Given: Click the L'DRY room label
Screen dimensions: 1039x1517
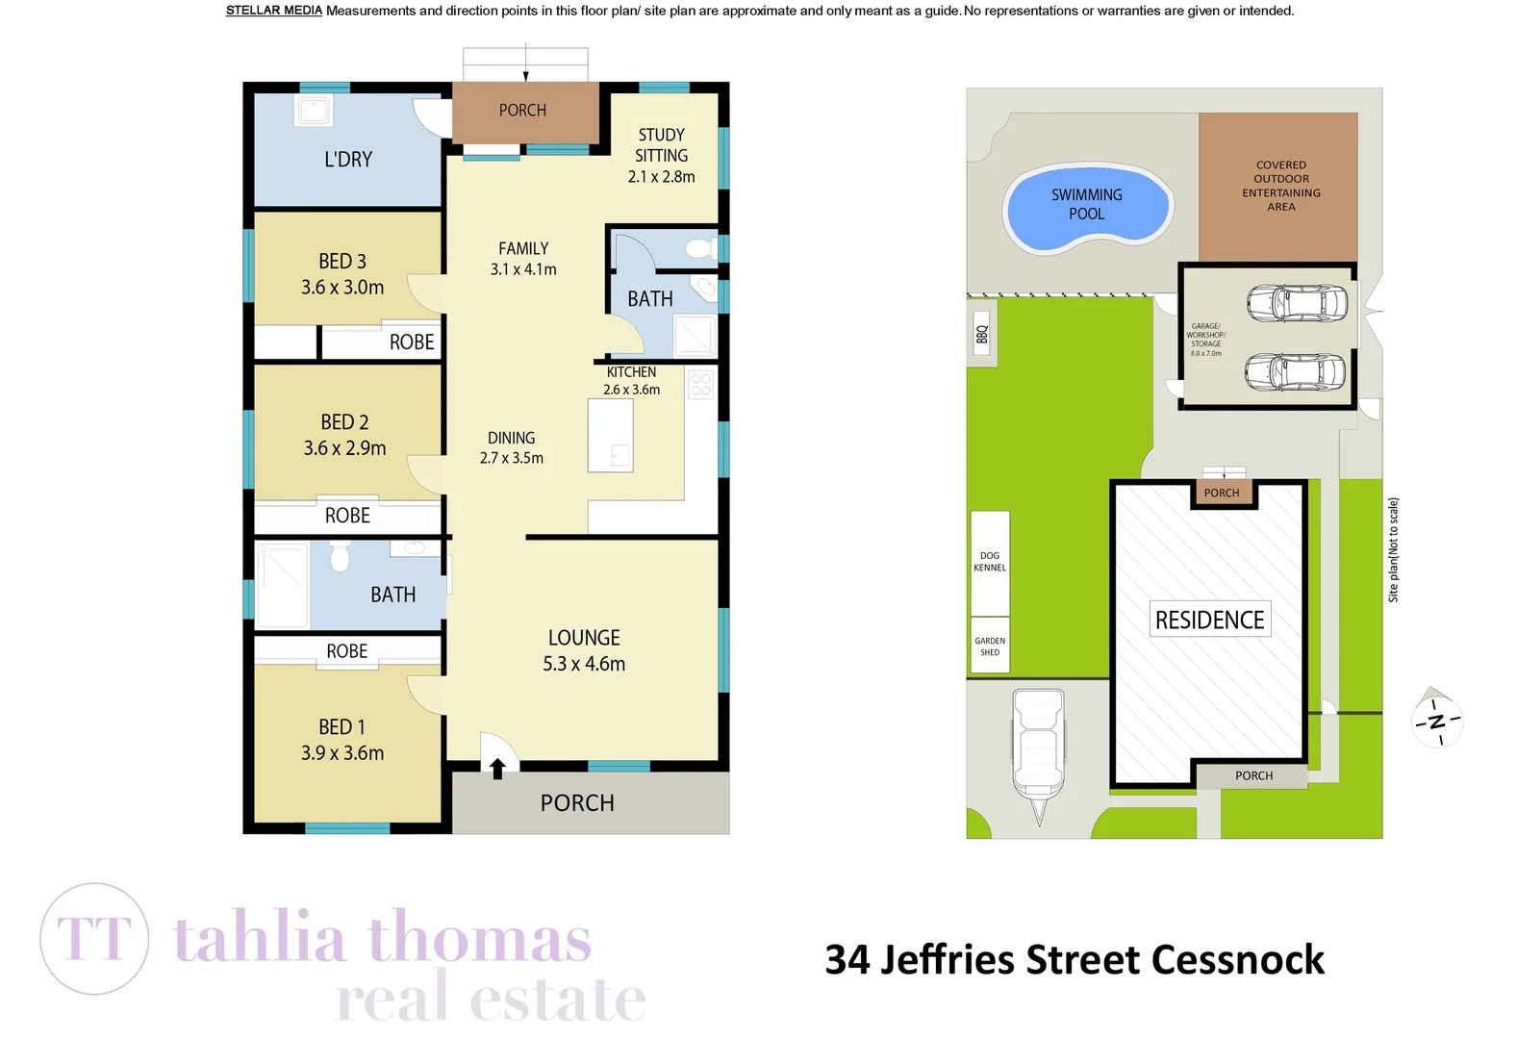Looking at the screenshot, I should pos(347,160).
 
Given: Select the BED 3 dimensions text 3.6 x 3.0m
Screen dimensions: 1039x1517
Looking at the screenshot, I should pos(342,288).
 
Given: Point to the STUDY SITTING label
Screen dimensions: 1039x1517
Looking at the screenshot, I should pos(661,145).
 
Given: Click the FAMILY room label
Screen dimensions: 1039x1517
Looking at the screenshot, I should pos(523,249).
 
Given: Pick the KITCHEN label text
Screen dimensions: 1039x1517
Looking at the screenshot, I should pos(631,372).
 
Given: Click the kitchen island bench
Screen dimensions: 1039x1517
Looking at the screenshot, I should pos(610,436).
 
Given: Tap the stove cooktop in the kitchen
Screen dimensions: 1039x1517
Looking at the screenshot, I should pos(700,385).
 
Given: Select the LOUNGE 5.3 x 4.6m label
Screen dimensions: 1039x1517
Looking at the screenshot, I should pos(584,651).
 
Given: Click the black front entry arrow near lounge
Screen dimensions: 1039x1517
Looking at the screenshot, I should pos(497,768).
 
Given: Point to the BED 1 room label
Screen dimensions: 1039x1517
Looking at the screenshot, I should pos(341,727).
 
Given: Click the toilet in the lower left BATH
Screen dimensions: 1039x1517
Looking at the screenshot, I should pos(339,556).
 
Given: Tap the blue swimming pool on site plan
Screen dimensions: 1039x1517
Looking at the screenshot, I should pos(1087,207).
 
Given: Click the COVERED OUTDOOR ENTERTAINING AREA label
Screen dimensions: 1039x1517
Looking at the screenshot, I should pos(1280,186).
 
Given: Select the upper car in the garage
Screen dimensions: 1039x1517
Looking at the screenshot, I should pos(1296,302).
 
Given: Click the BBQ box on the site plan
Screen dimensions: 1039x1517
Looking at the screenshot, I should pos(981,334).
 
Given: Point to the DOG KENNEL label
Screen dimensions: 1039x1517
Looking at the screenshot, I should pos(989,562).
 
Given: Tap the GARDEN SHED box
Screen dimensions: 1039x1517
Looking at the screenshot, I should pos(989,646).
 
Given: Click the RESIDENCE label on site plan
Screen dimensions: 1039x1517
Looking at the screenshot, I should pos(1209,621).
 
